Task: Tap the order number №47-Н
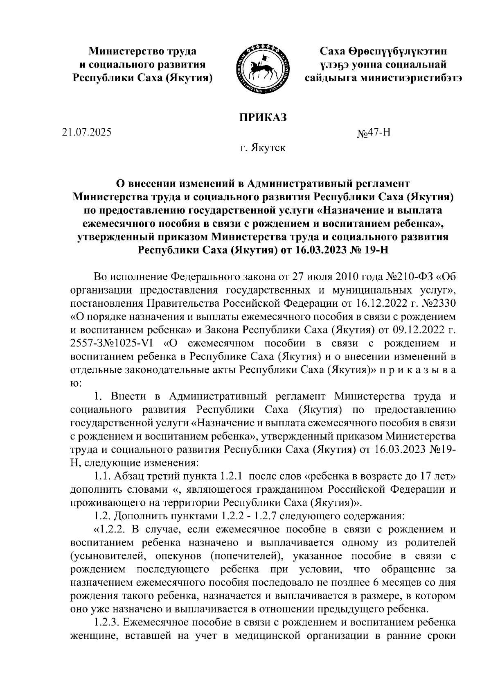(374, 133)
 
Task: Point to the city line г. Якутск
(262, 147)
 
